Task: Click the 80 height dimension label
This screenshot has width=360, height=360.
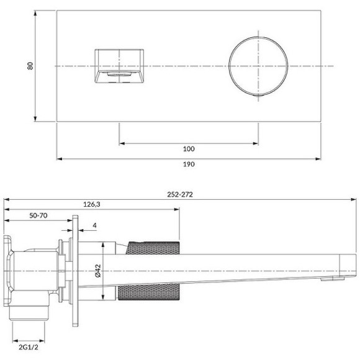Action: point(30,66)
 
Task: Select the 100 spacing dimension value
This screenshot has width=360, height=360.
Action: point(189,149)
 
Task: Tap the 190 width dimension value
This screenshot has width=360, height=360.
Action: point(189,165)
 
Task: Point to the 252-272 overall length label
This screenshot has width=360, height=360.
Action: point(180,194)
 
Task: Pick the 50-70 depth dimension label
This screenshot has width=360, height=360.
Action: point(40,215)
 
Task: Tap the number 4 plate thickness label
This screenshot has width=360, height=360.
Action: point(94,226)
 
